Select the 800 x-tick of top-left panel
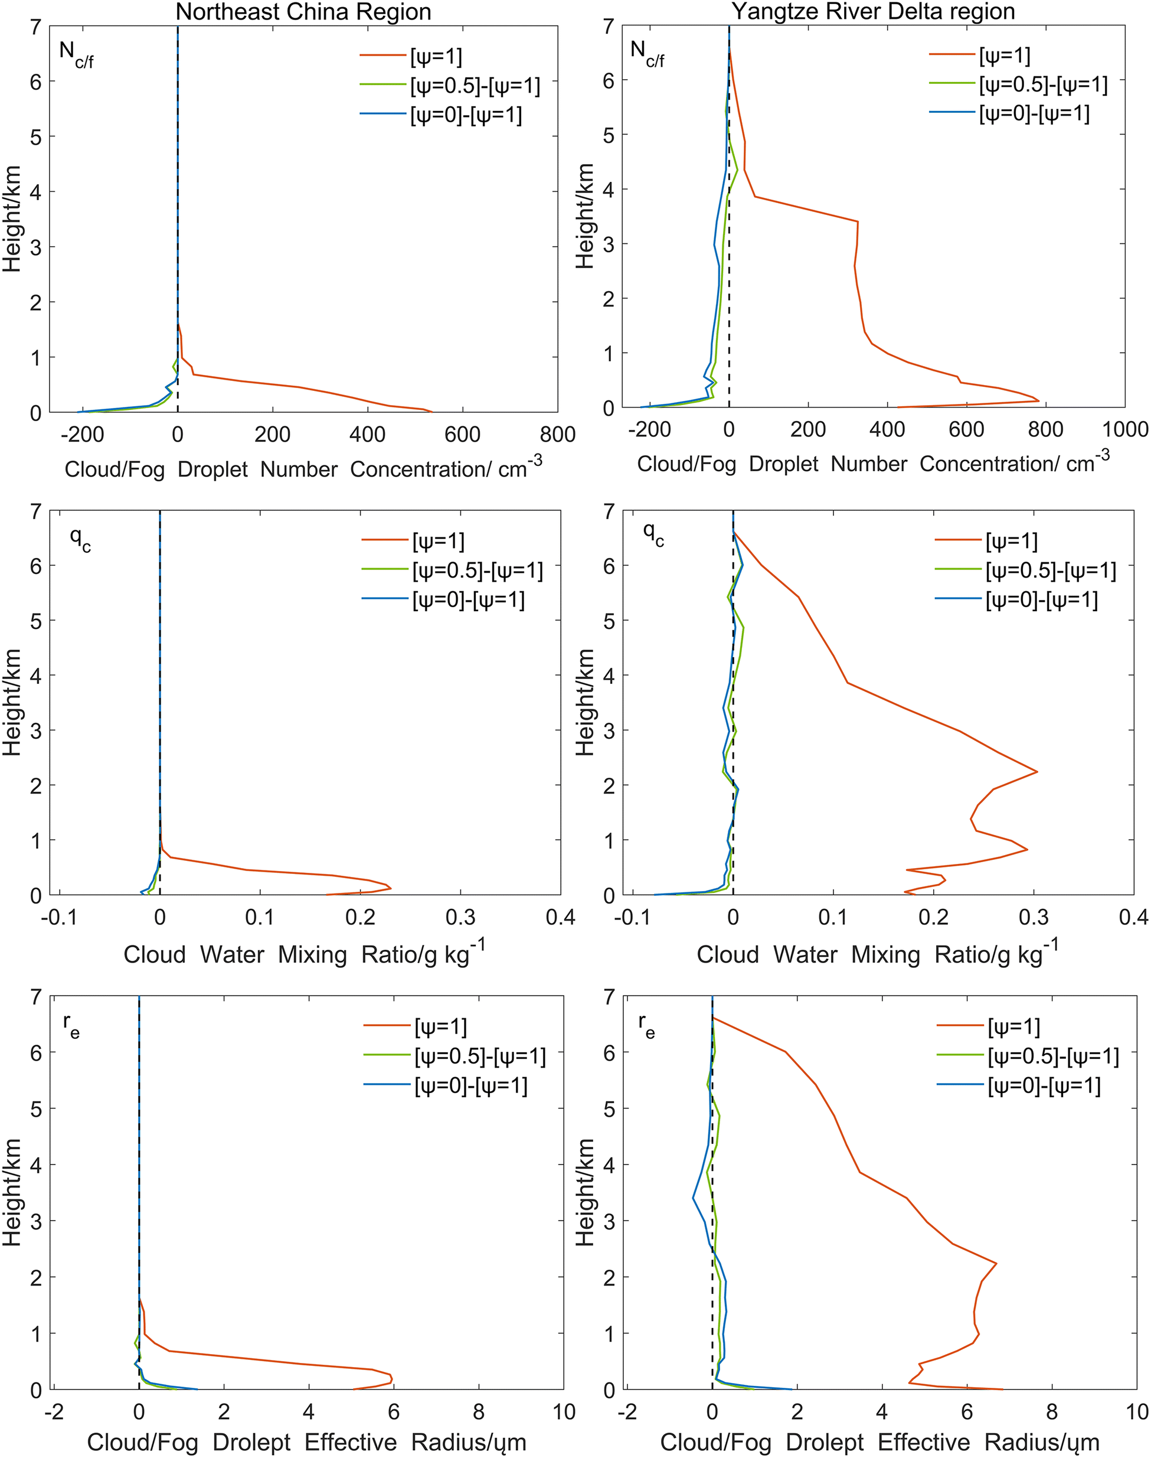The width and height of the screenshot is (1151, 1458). tap(557, 435)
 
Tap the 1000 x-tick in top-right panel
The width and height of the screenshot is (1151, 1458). tap(1124, 429)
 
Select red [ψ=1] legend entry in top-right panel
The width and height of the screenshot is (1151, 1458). tap(980, 56)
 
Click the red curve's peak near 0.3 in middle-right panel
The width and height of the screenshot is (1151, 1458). tap(1037, 771)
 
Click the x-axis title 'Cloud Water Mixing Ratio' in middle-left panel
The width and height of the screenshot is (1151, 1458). tap(304, 954)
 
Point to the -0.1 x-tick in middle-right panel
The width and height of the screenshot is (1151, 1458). tap(632, 918)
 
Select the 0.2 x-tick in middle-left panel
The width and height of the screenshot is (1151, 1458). tap(360, 918)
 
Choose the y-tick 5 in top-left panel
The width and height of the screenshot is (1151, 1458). tap(36, 137)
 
